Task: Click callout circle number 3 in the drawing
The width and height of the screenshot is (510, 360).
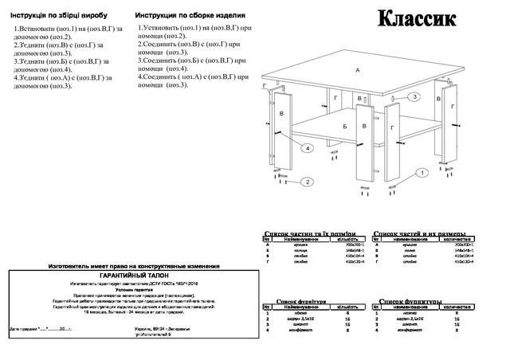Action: (x=414, y=96)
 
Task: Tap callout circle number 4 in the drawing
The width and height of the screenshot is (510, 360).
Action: (x=306, y=149)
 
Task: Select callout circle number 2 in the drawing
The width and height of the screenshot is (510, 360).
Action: (x=305, y=182)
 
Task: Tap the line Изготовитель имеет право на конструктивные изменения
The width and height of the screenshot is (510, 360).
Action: (x=133, y=264)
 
